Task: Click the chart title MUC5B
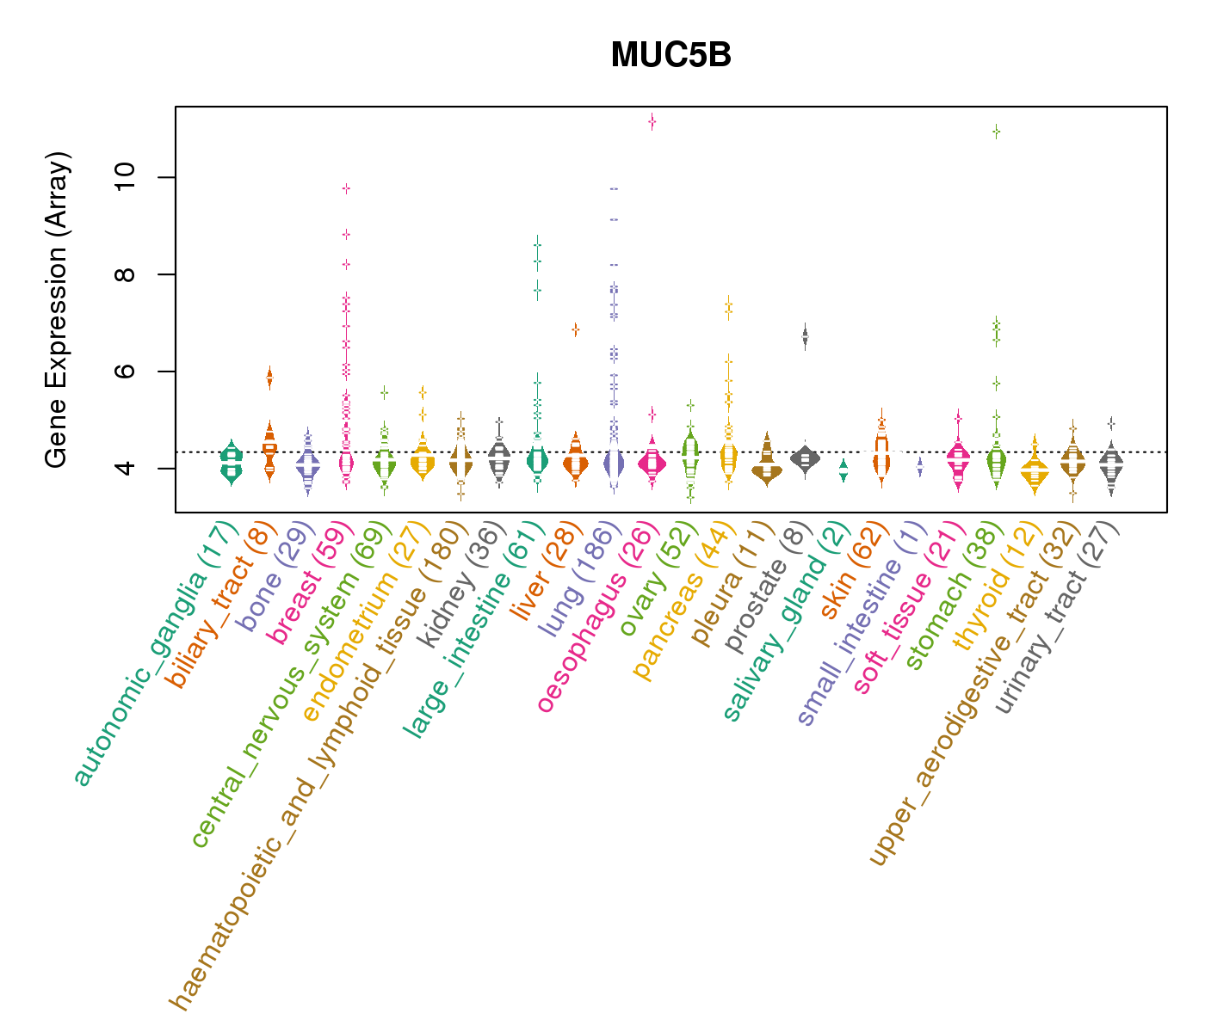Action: click(670, 56)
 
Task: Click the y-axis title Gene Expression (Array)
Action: click(57, 310)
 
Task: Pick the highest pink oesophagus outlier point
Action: click(652, 122)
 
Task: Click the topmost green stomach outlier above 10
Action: click(996, 132)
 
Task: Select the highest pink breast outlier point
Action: click(346, 188)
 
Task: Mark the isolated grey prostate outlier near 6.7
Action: click(805, 337)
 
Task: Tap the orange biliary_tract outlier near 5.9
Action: click(269, 377)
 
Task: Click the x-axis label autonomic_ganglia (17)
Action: click(156, 654)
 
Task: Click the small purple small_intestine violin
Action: click(920, 468)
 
